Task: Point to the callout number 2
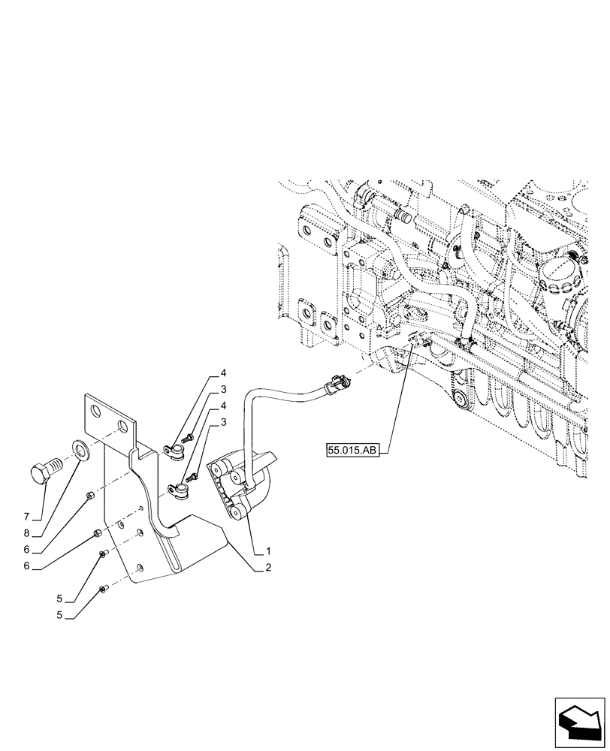coord(267,569)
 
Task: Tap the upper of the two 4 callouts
coord(223,373)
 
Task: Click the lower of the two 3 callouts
coord(223,425)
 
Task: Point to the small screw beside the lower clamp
coord(192,477)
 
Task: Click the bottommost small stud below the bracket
coord(102,590)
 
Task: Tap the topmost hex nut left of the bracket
coord(90,496)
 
